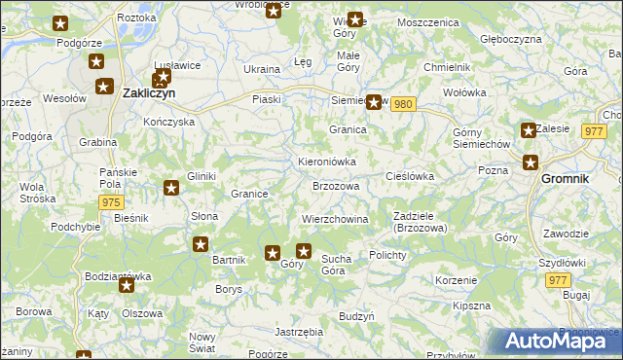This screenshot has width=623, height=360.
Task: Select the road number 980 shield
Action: coord(406,104)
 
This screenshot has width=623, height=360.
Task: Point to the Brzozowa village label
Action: coord(336,186)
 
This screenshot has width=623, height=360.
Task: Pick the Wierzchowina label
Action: coord(335,219)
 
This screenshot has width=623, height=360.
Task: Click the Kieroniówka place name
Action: coord(326,162)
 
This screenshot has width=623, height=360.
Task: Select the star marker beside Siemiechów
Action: coord(372,100)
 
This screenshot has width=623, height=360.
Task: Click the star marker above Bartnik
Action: coord(201,244)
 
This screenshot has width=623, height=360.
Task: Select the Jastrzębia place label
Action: coord(299,332)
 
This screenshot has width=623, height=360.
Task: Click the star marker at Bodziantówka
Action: coord(126,286)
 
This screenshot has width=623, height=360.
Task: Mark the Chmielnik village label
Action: coord(447,66)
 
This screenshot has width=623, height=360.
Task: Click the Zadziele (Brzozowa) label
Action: coord(420,221)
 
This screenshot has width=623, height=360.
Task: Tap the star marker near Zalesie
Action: coord(528,130)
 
